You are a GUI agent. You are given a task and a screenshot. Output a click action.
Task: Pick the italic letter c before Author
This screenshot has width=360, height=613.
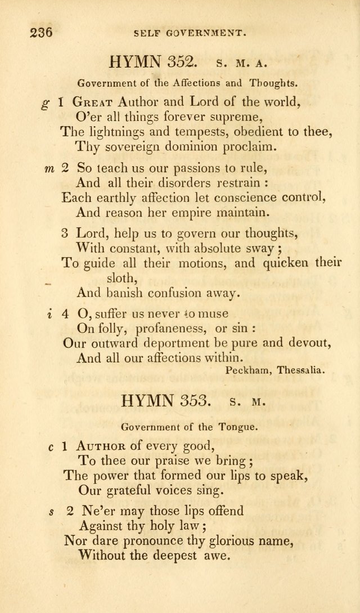pyautogui.click(x=50, y=447)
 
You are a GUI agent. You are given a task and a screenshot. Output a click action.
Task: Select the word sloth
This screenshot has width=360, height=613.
pyautogui.click(x=121, y=278)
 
